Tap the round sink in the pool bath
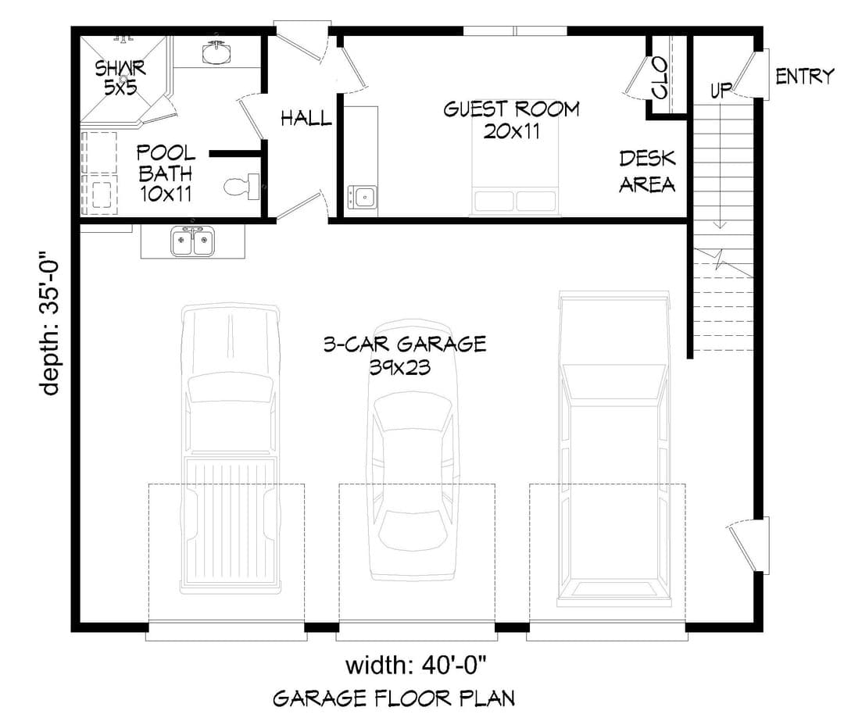point(217,53)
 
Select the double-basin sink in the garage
point(193,241)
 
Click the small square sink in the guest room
point(363,197)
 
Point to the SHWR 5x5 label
point(120,77)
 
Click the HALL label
point(306,119)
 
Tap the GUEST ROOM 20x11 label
point(511,120)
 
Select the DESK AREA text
point(647,171)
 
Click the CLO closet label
point(660,79)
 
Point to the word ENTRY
point(804,77)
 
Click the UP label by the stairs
point(721,90)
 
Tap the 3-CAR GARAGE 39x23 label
point(405,355)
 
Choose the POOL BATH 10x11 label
point(166,173)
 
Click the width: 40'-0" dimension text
point(416,666)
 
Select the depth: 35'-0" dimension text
point(49,322)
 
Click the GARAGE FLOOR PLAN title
point(394,698)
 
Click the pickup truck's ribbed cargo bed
point(230,521)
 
